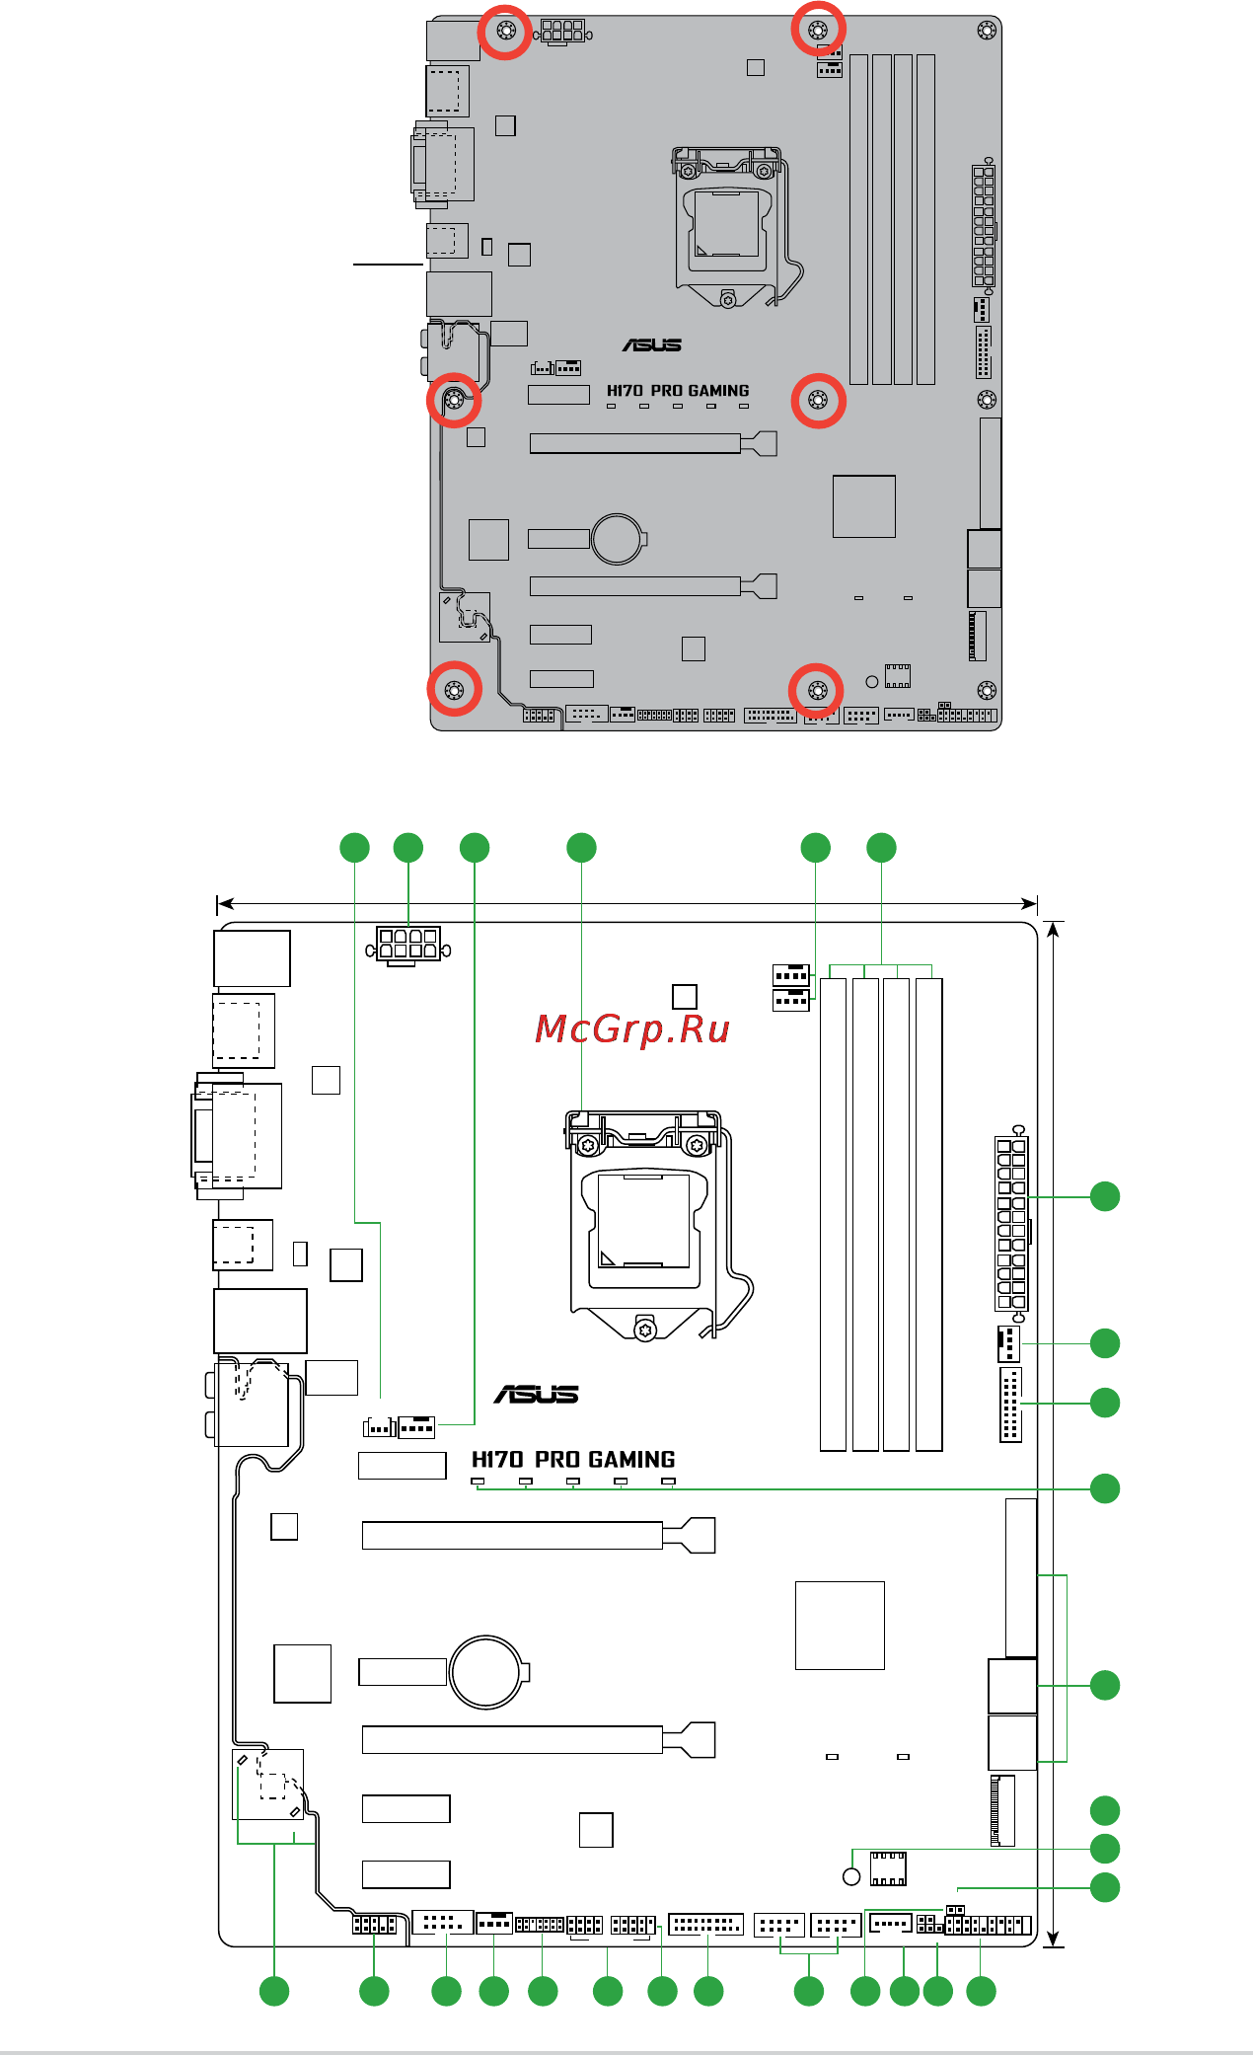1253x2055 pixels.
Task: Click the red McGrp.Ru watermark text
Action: (x=631, y=1028)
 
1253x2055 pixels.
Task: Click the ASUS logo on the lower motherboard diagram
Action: (x=536, y=1394)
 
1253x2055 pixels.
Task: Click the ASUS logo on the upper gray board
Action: (x=651, y=344)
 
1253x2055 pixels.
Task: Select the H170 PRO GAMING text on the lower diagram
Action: (x=573, y=1459)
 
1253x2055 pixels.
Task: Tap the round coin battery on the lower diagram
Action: (x=485, y=1672)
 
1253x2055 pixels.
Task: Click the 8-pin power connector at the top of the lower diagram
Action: (x=408, y=945)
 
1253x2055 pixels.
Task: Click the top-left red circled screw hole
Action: (x=505, y=31)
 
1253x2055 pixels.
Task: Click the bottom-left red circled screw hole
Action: (x=455, y=689)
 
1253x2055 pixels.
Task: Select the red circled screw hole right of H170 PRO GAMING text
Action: (x=818, y=400)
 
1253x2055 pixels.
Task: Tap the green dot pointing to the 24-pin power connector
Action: (x=1105, y=1196)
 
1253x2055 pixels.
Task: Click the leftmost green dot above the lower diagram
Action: (x=354, y=848)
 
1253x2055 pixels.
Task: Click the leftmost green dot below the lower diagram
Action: (x=274, y=1991)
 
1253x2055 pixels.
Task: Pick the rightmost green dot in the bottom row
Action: (x=981, y=1991)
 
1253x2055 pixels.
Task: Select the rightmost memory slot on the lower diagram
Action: (x=928, y=1214)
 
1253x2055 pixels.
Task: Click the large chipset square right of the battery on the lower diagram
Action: (x=840, y=1626)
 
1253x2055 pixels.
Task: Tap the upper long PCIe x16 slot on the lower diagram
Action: (x=513, y=1536)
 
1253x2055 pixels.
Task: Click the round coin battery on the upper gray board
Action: (x=618, y=538)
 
